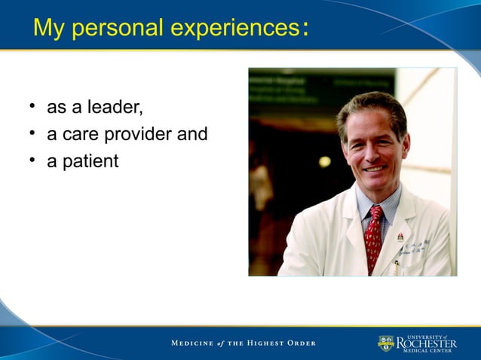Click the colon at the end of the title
coord(304,29)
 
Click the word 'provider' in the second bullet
coord(139,136)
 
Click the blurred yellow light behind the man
coord(324,161)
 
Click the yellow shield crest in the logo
coord(386,343)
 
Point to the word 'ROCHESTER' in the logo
coord(427,343)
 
